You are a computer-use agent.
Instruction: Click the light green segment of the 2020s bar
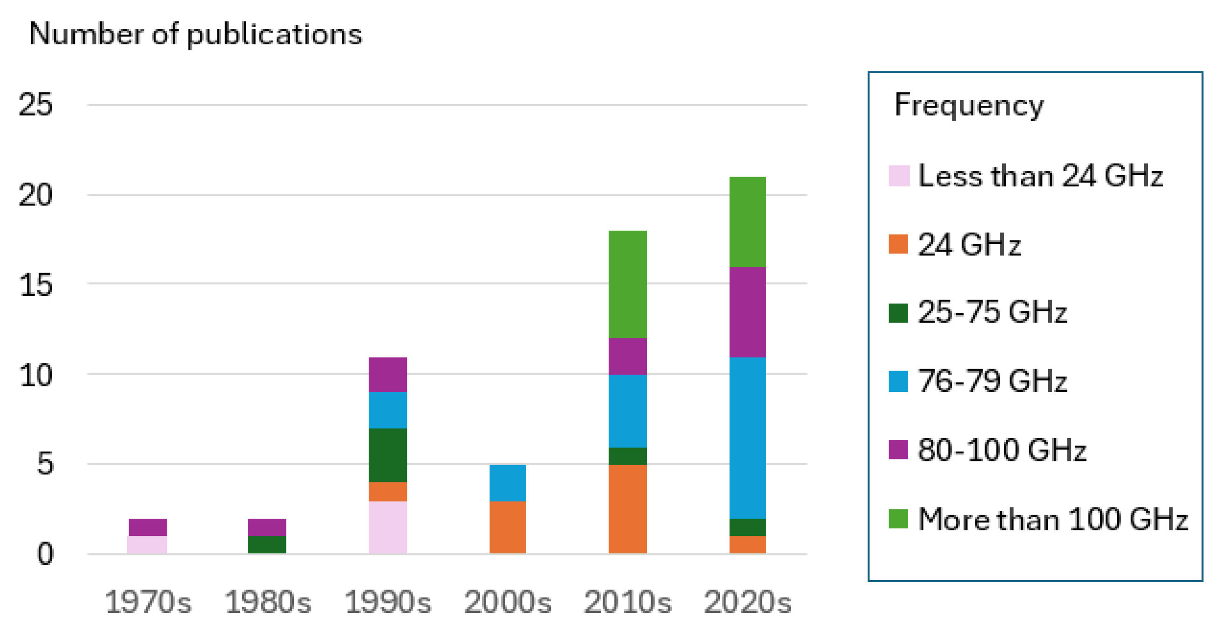(x=747, y=222)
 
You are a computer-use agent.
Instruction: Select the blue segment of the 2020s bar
(x=747, y=438)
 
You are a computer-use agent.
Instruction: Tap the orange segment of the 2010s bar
(x=628, y=509)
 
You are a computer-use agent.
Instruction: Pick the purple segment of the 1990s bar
(x=388, y=375)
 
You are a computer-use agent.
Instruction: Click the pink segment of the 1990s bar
(x=388, y=527)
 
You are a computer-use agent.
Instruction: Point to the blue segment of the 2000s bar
(x=508, y=483)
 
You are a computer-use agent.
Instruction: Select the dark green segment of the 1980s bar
(x=267, y=544)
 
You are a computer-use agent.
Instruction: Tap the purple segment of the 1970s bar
(x=148, y=527)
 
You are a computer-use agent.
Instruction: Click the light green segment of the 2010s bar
(x=628, y=284)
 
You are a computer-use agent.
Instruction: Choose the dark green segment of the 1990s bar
(x=388, y=455)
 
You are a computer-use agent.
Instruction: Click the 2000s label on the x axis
(x=508, y=602)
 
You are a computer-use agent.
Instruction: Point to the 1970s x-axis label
(x=148, y=602)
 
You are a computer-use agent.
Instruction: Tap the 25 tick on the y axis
(x=35, y=104)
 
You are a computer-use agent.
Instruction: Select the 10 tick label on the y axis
(x=35, y=376)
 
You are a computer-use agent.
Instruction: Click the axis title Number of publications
(x=195, y=34)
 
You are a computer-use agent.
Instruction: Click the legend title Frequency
(x=969, y=105)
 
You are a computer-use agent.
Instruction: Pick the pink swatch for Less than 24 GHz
(x=899, y=176)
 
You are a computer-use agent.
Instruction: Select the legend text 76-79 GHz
(x=992, y=381)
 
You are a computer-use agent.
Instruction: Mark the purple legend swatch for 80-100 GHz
(x=898, y=450)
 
